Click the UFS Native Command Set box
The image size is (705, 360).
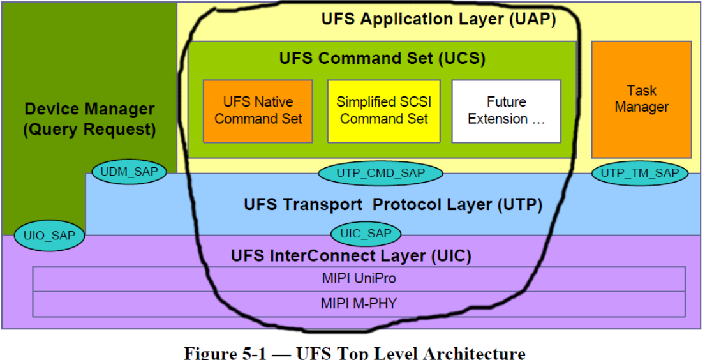pyautogui.click(x=258, y=110)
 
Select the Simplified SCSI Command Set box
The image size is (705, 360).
pyautogui.click(x=383, y=110)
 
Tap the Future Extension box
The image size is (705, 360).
pyautogui.click(x=506, y=110)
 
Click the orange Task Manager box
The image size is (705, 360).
pyautogui.click(x=641, y=100)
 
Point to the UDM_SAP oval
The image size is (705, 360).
pyautogui.click(x=130, y=171)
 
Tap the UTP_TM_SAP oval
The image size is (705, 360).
pyautogui.click(x=640, y=172)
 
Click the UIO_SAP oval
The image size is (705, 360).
pyautogui.click(x=49, y=236)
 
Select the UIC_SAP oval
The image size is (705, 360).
pyautogui.click(x=366, y=234)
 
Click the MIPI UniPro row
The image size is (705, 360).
pyautogui.click(x=359, y=279)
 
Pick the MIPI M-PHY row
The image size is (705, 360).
pyautogui.click(x=359, y=304)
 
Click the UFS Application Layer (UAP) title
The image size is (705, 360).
pyautogui.click(x=438, y=19)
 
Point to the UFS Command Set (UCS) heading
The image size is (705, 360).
pyautogui.click(x=382, y=58)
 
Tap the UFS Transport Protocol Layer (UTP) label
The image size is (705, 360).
pyautogui.click(x=393, y=205)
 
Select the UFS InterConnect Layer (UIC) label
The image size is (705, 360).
pyautogui.click(x=352, y=256)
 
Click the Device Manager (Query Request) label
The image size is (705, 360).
pyautogui.click(x=89, y=119)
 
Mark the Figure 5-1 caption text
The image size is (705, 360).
pyautogui.click(x=355, y=353)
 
